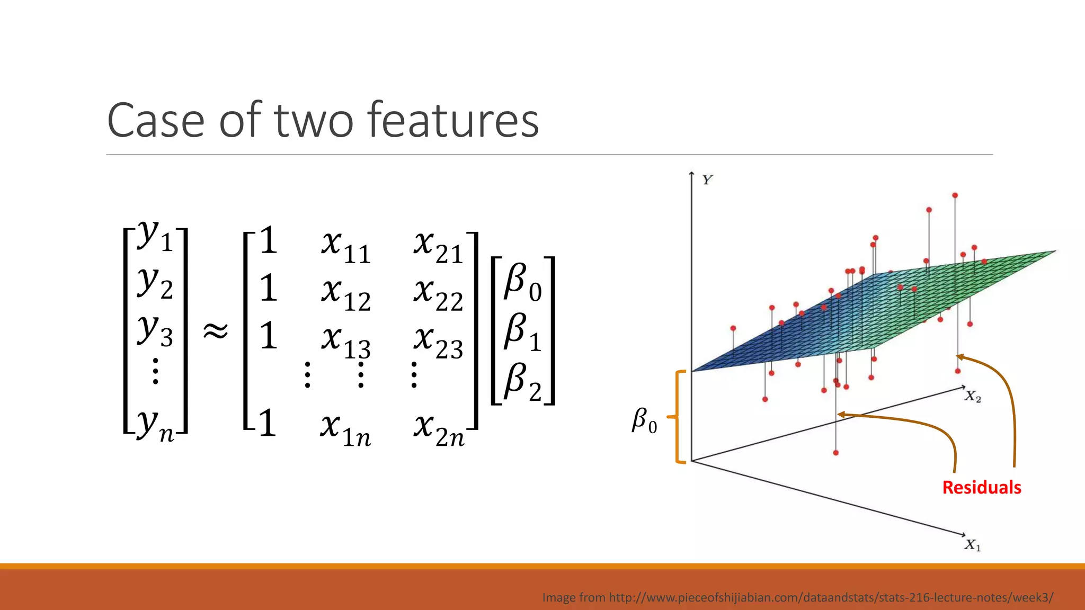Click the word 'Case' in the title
pos(156,121)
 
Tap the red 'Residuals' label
pos(981,487)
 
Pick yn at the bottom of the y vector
pos(155,426)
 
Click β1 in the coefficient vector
pos(522,332)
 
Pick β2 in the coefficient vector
pos(522,381)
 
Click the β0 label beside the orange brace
pos(644,421)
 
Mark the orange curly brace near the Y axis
pos(678,417)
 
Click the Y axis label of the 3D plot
pos(707,180)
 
